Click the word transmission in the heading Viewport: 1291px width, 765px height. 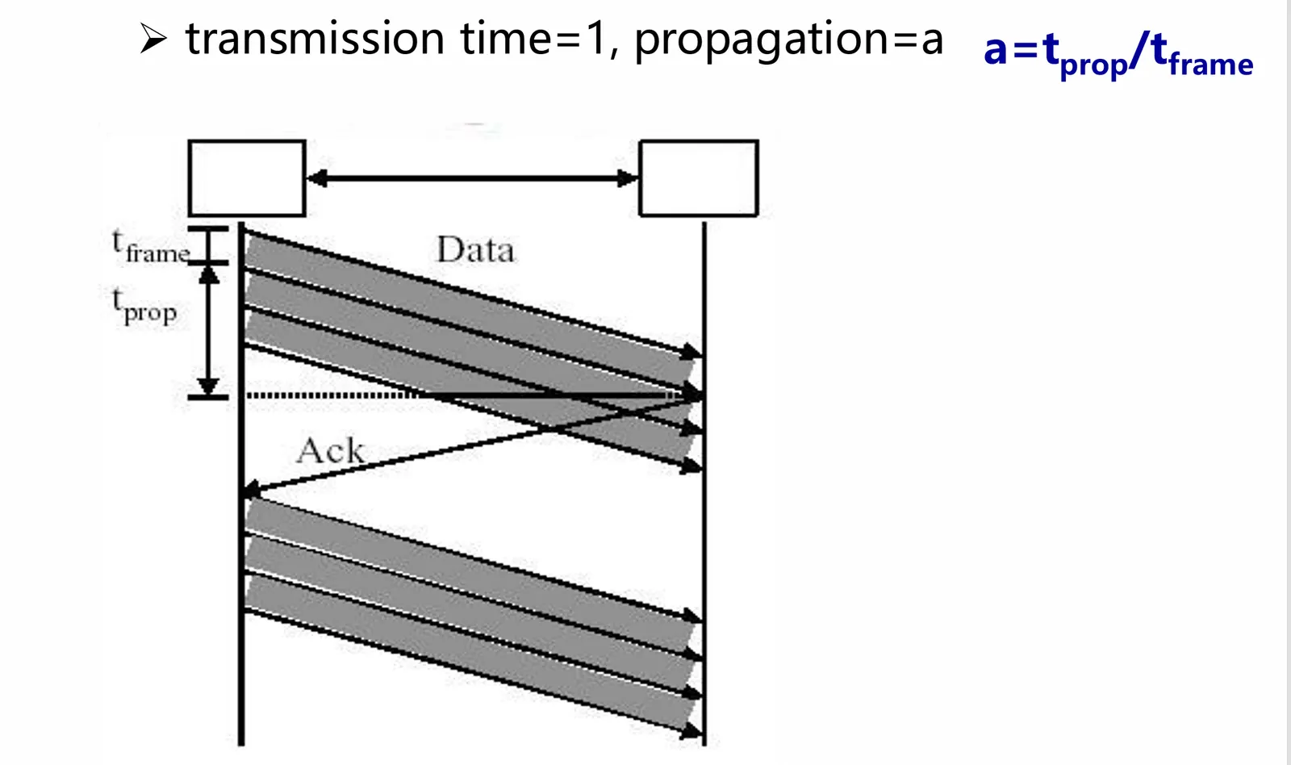[315, 39]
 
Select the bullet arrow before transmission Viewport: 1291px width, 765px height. [152, 38]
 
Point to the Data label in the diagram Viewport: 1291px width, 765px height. [475, 250]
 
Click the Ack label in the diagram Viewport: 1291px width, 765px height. [330, 450]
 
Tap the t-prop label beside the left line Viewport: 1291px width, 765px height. [144, 307]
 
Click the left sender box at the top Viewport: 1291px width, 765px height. [246, 178]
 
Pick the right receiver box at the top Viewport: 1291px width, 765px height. [699, 178]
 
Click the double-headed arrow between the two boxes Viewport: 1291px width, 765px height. [472, 178]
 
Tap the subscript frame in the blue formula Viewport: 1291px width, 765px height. [1210, 64]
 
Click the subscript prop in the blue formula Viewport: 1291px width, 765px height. [1093, 66]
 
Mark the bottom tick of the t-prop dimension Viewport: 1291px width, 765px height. [208, 397]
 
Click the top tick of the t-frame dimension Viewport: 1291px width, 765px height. [208, 229]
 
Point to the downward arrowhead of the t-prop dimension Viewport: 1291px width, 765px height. [209, 385]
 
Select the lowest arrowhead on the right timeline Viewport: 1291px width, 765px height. [692, 732]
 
